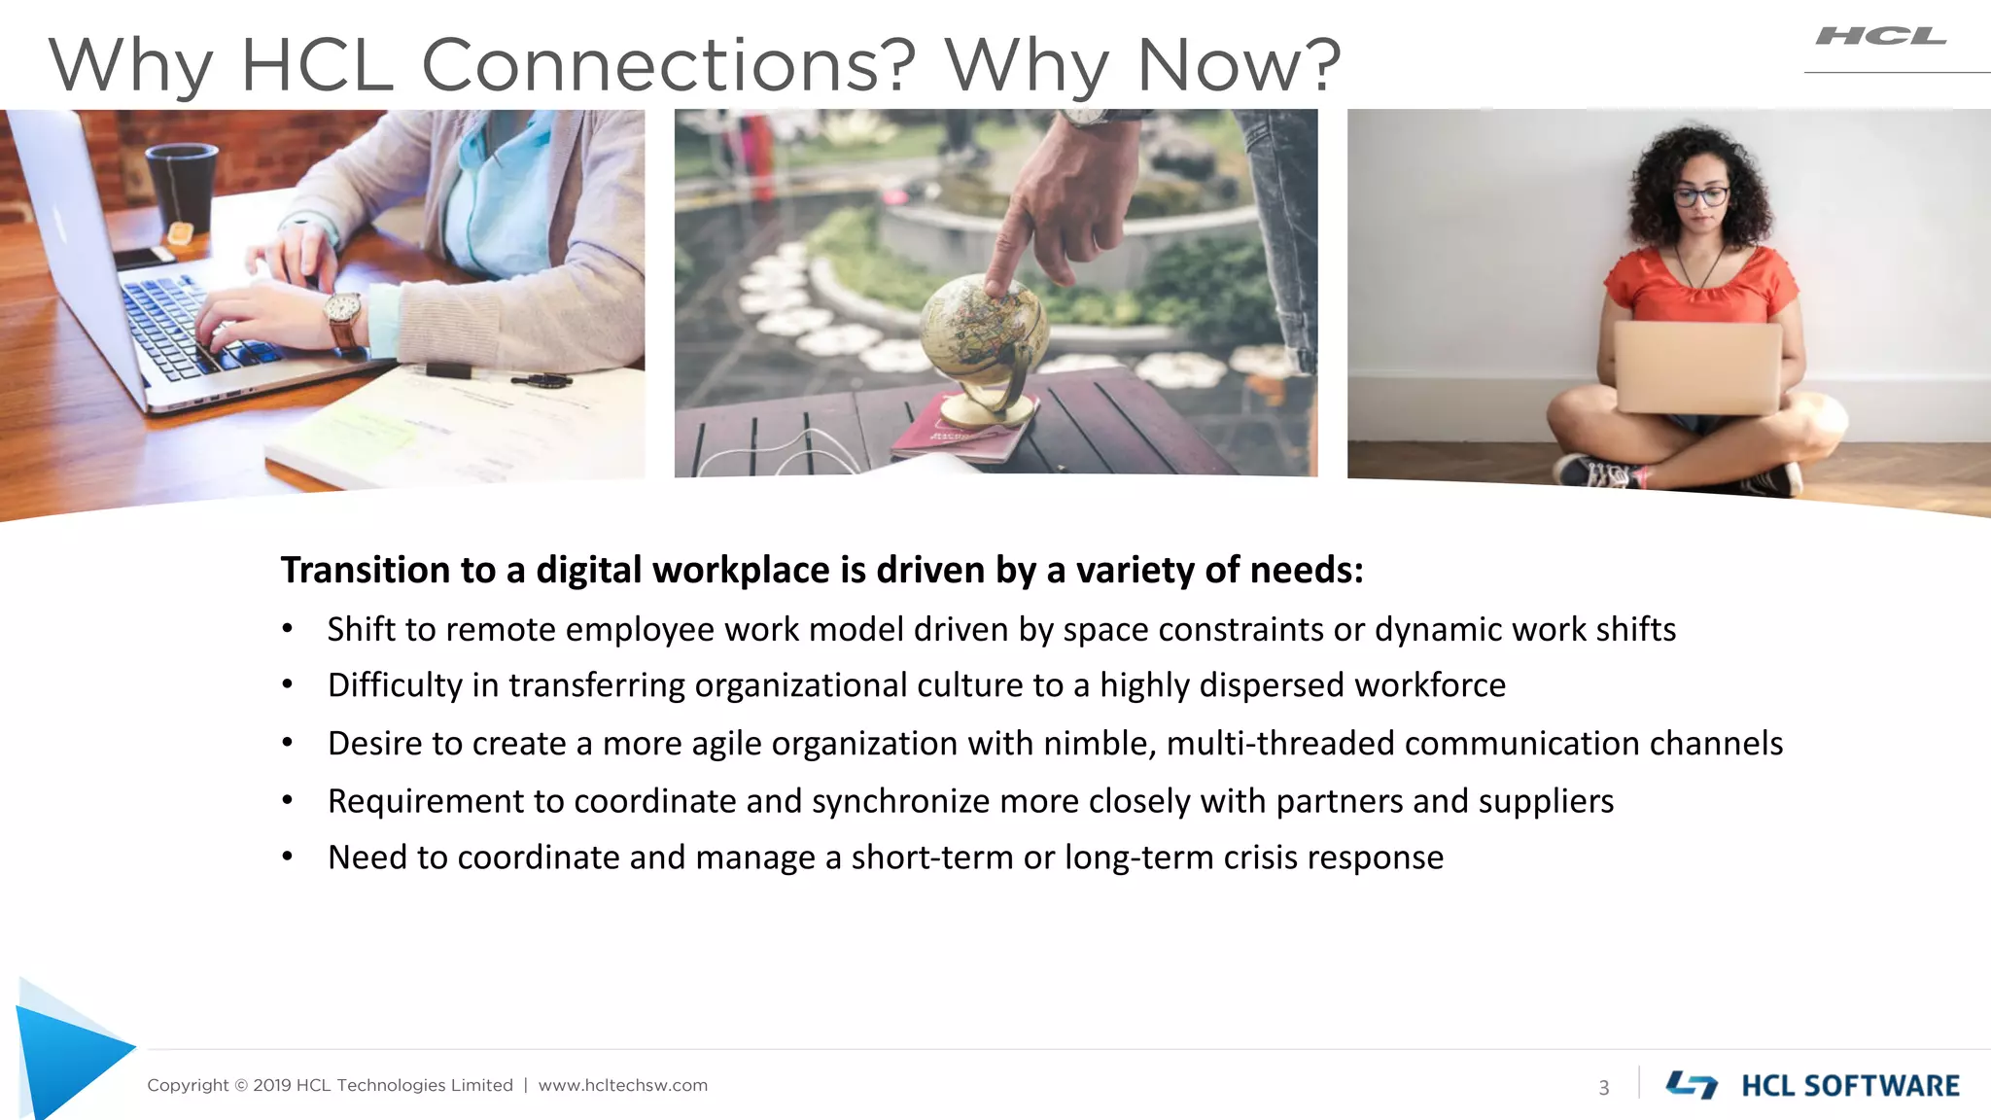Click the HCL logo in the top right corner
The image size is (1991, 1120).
(x=1880, y=37)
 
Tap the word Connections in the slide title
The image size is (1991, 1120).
(x=668, y=66)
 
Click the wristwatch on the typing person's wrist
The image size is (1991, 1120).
(x=342, y=312)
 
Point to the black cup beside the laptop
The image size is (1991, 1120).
(x=181, y=185)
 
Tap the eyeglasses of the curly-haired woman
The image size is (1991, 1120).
(x=1700, y=196)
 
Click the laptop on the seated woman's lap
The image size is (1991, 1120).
(x=1696, y=367)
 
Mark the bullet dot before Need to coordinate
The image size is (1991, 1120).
(x=287, y=857)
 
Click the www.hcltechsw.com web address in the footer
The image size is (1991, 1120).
(x=622, y=1085)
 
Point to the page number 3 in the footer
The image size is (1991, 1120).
(x=1604, y=1087)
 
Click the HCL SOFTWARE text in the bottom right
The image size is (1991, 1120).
(x=1849, y=1086)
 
